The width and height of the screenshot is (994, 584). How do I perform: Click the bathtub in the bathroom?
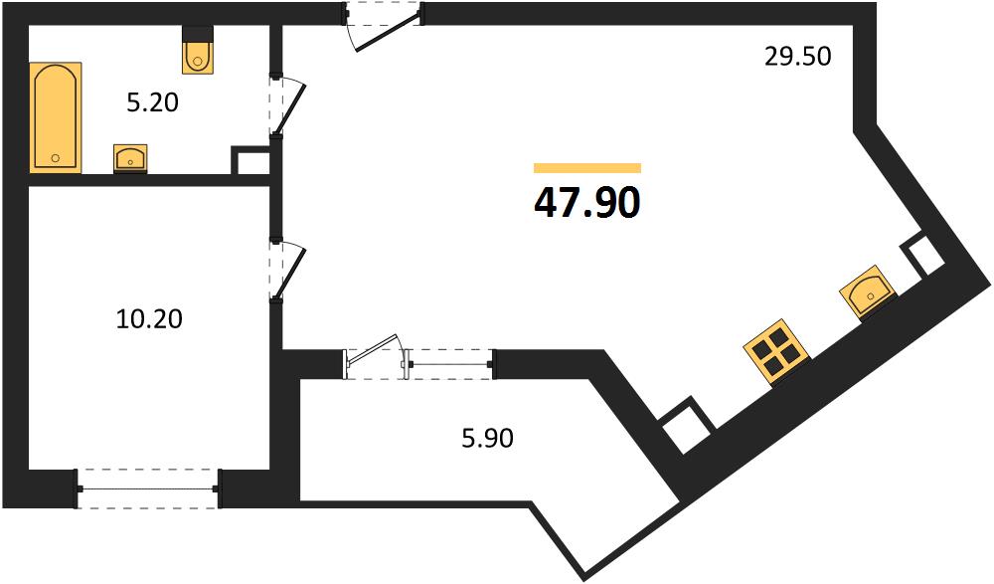pos(56,117)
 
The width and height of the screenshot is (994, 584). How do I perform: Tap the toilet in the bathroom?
pos(198,50)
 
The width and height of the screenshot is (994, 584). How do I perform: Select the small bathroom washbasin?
pos(130,159)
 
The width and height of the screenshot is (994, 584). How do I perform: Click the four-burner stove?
pos(777,353)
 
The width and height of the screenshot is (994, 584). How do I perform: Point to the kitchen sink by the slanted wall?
pos(867,292)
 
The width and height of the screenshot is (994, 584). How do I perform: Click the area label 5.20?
pos(153,102)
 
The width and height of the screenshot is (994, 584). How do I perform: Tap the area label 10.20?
pos(149,318)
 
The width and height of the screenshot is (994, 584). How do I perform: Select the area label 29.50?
pos(797,57)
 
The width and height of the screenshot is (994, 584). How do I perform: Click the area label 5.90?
pos(487,438)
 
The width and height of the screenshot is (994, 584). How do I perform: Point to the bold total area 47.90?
pos(587,203)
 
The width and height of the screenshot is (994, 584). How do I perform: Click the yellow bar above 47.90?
pos(587,167)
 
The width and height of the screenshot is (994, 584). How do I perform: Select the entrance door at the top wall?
pos(383,27)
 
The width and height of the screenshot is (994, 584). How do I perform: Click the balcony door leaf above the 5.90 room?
pos(374,354)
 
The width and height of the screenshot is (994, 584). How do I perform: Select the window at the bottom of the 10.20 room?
pos(148,488)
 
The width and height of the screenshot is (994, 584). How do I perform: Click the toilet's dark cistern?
pos(198,33)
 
